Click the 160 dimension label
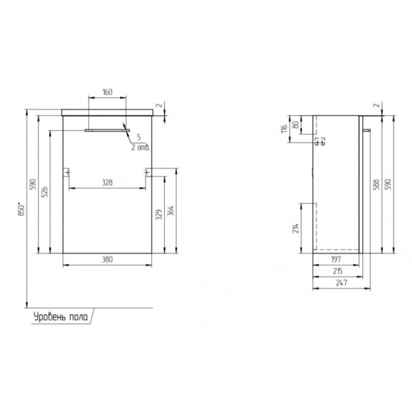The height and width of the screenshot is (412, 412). [108, 92]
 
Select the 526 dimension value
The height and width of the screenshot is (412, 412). [45, 192]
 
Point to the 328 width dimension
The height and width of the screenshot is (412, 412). [107, 182]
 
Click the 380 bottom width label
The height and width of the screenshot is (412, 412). [107, 260]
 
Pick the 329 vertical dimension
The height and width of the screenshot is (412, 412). [159, 215]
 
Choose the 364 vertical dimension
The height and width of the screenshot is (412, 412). [171, 211]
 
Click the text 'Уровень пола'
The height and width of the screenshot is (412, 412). [60, 317]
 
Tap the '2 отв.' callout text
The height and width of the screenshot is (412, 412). [141, 147]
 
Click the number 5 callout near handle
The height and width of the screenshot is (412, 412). [139, 137]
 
